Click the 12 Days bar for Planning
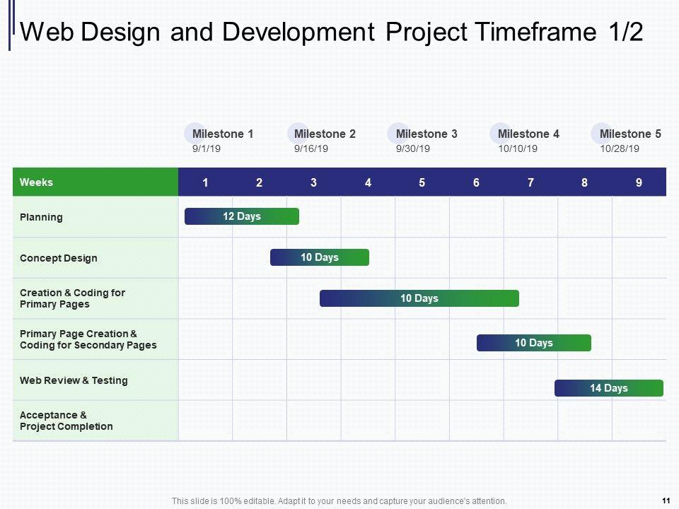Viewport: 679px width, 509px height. (242, 216)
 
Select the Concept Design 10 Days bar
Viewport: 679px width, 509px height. (320, 257)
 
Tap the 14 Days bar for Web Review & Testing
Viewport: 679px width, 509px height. (609, 388)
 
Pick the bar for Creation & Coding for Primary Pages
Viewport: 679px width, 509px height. (419, 298)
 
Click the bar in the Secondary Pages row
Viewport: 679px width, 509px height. (534, 343)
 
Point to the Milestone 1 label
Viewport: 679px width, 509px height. (223, 134)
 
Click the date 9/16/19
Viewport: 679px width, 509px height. (311, 149)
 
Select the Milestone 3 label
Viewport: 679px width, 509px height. (426, 134)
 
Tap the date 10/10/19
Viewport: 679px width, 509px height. (518, 149)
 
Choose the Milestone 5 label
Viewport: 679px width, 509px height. (630, 134)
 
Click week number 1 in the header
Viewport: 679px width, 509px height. (205, 182)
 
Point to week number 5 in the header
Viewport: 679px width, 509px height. (422, 182)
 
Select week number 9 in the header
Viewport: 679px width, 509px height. (639, 182)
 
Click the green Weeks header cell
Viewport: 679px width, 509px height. (95, 182)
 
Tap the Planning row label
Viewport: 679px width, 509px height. (41, 217)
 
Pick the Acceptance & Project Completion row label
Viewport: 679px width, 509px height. (66, 421)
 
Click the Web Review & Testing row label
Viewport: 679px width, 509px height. (74, 380)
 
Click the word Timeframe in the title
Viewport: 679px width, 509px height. (535, 32)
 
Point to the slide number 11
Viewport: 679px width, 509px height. (666, 501)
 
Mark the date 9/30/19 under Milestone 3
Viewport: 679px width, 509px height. (412, 149)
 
